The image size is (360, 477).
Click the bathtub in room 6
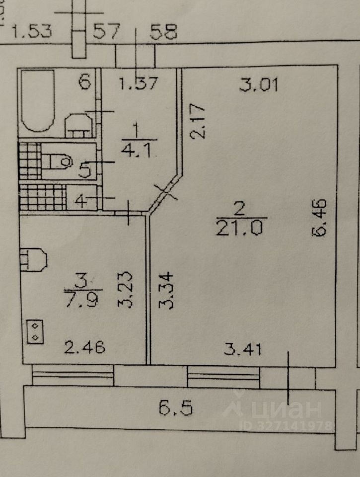click(37, 102)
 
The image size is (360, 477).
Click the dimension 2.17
click(198, 121)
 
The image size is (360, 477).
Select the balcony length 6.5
click(175, 408)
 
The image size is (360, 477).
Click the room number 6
click(85, 81)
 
